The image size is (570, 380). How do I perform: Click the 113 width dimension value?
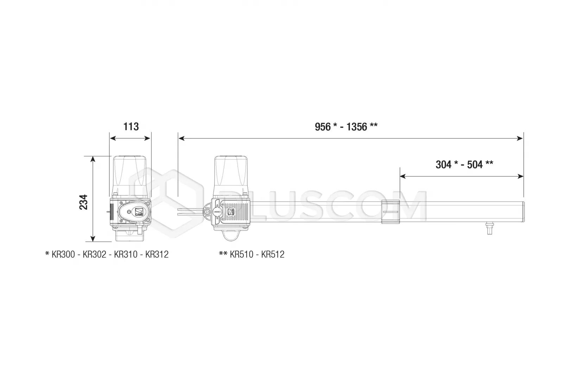(131, 127)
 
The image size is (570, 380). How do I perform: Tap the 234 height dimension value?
(83, 202)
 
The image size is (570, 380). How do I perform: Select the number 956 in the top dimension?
(323, 127)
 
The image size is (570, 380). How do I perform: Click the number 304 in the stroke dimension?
(444, 165)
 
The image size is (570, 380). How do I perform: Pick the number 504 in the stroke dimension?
(475, 165)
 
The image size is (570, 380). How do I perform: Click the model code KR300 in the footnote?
(63, 254)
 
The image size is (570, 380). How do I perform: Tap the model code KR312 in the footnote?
(157, 254)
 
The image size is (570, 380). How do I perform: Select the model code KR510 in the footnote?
(241, 254)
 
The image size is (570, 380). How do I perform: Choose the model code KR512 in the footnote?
(273, 254)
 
